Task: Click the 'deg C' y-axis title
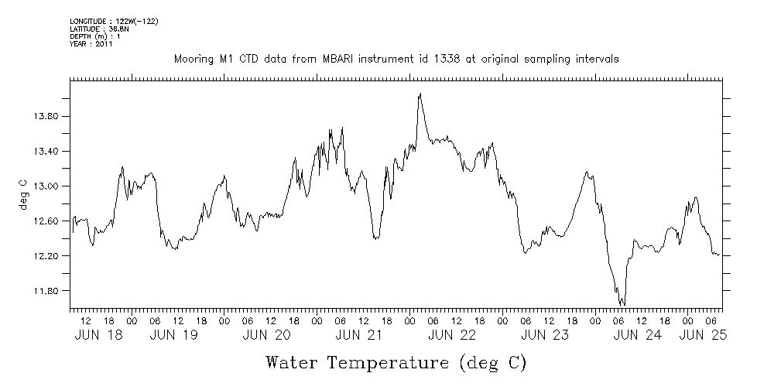click(x=23, y=194)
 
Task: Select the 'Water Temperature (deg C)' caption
click(x=396, y=362)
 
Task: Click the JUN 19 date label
click(x=174, y=335)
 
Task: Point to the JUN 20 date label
click(x=266, y=335)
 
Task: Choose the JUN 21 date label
click(x=359, y=335)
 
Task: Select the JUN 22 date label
click(x=452, y=335)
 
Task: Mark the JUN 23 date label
click(x=545, y=335)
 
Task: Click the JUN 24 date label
click(x=638, y=335)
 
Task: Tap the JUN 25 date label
click(x=703, y=335)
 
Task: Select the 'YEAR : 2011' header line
click(x=92, y=44)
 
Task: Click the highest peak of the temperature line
click(x=420, y=94)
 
